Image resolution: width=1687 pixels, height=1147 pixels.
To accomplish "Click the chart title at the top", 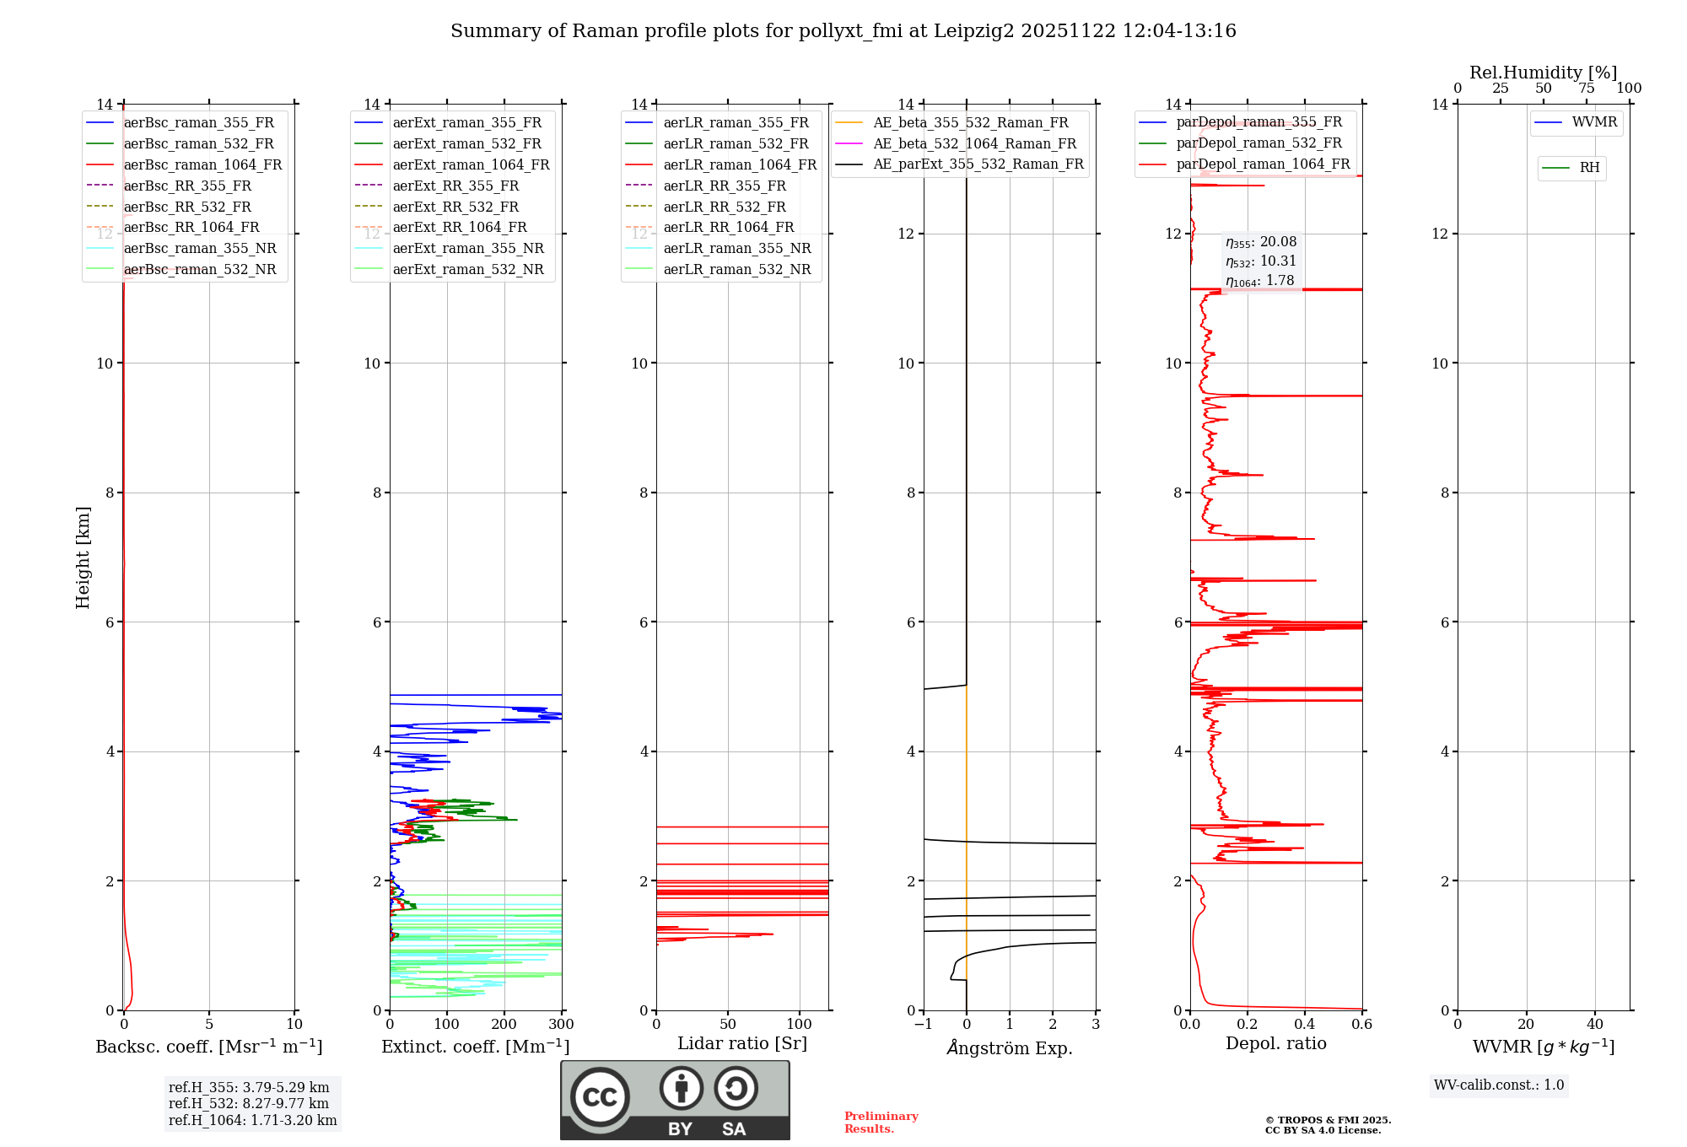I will [843, 31].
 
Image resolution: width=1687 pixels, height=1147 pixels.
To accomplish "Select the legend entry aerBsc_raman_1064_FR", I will [202, 164].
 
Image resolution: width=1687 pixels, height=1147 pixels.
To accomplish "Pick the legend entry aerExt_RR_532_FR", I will [455, 207].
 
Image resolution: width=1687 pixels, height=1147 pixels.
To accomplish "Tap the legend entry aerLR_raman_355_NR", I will [736, 248].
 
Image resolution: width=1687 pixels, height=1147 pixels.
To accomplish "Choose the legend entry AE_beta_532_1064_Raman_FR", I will [974, 143].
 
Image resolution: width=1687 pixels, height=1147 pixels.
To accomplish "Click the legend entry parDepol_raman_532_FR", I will [1259, 143].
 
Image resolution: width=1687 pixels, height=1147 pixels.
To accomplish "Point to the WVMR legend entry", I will [1594, 122].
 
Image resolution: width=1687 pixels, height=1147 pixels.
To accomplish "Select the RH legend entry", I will [1589, 168].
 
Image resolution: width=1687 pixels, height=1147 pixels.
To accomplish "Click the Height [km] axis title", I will [83, 557].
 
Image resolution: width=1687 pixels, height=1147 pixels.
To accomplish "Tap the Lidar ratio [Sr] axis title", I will [742, 1043].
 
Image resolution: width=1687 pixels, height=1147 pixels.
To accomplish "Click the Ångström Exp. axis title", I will [1010, 1047].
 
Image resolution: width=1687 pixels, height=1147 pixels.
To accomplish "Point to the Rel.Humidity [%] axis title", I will [1543, 73].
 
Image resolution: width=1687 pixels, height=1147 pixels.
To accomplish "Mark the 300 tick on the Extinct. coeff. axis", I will [561, 1025].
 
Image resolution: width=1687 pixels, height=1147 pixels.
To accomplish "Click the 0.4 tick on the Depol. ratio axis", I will [1305, 1025].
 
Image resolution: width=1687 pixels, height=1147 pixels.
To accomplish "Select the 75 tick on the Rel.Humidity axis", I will [1587, 89].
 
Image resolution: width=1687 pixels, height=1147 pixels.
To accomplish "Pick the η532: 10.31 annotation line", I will [1261, 261].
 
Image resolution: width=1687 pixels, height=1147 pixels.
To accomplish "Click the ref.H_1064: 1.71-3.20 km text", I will [252, 1120].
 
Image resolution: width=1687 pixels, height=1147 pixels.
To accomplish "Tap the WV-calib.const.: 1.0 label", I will [1499, 1085].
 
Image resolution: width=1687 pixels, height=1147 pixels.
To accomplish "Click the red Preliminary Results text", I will [881, 1123].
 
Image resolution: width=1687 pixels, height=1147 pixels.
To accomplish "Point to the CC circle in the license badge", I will [600, 1096].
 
